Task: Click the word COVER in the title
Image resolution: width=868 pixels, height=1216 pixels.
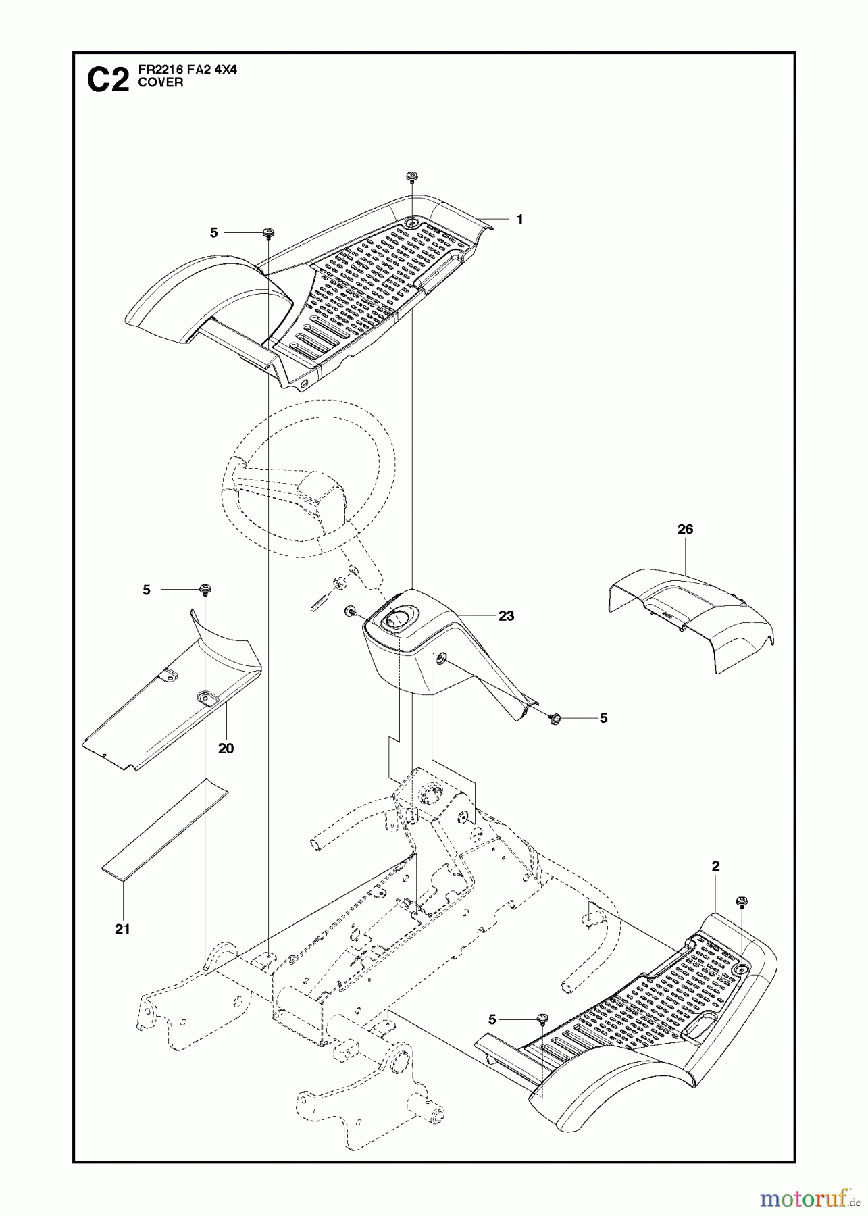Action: [155, 83]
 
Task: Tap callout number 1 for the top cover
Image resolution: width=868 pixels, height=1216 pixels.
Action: [519, 220]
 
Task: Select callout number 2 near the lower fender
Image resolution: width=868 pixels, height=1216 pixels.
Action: [715, 866]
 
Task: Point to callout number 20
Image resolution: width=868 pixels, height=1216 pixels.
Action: [226, 748]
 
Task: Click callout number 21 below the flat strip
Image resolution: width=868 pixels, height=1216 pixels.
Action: [122, 929]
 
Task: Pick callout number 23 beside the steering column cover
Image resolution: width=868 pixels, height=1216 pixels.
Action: [506, 615]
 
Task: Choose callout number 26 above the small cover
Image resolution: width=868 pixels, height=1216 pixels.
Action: [685, 529]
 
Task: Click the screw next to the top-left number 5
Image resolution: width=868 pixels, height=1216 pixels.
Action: [268, 232]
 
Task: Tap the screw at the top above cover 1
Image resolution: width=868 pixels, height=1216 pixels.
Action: [411, 177]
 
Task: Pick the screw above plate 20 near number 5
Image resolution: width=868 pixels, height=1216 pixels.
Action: [203, 590]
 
